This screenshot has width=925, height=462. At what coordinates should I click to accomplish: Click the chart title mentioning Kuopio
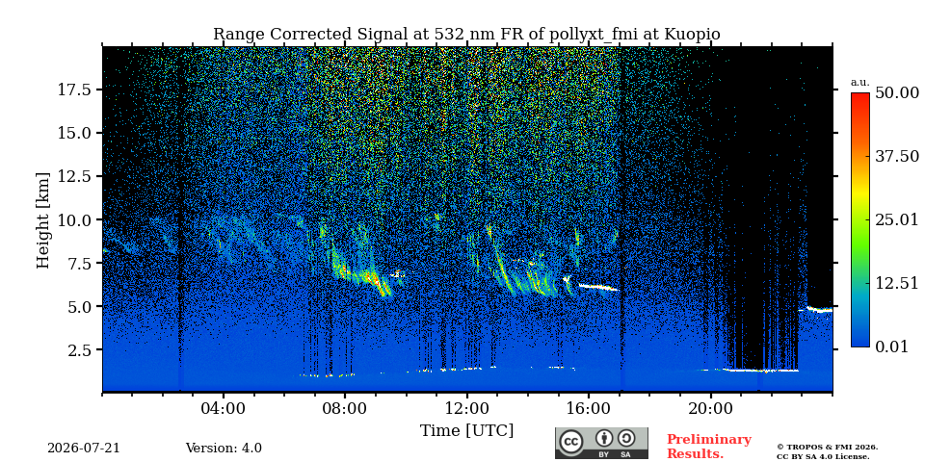(466, 35)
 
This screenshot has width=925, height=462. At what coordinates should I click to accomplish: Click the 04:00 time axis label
(224, 408)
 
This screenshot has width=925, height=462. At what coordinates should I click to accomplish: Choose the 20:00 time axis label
(710, 408)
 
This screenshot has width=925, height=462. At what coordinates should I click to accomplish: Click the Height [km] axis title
(43, 219)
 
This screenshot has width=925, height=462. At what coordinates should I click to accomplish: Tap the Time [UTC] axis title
(466, 430)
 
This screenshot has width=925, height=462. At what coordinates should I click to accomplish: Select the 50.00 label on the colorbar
(897, 93)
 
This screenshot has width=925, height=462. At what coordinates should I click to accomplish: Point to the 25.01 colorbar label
(897, 220)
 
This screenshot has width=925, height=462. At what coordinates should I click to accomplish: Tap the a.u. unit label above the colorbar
(860, 83)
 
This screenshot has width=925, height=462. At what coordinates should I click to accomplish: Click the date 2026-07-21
(84, 448)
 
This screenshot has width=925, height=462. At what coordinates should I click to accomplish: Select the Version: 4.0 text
(224, 448)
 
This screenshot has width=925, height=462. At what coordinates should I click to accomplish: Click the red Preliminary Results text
(709, 446)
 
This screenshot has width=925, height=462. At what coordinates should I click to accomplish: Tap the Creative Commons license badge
(601, 443)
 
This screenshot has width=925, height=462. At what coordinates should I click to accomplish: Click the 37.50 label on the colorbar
(897, 156)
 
